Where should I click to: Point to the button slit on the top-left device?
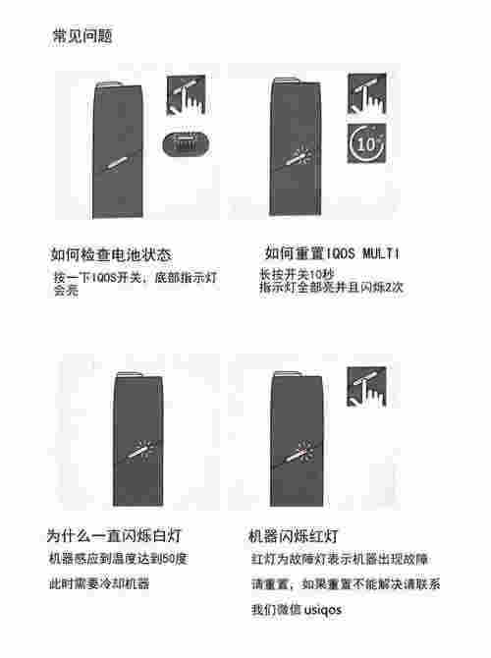click(x=119, y=160)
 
